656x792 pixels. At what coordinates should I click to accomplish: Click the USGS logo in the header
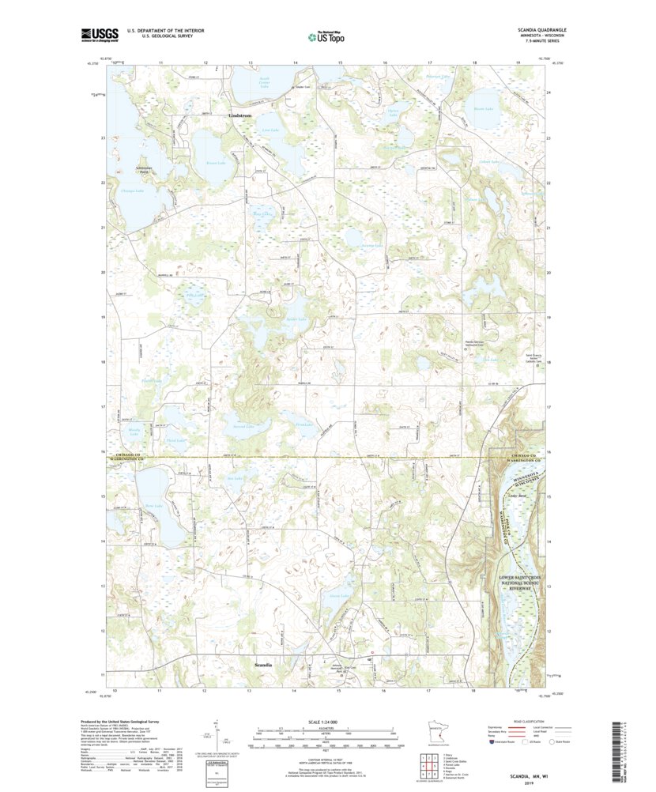tap(100, 34)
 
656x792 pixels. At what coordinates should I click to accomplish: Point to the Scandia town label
tap(262, 665)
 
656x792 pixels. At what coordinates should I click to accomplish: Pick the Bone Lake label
tap(153, 506)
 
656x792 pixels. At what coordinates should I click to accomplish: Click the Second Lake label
tap(243, 426)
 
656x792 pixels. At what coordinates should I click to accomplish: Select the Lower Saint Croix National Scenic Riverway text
tap(525, 583)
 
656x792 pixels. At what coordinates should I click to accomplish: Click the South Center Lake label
tap(270, 82)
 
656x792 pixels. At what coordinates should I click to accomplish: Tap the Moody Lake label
tap(134, 432)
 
